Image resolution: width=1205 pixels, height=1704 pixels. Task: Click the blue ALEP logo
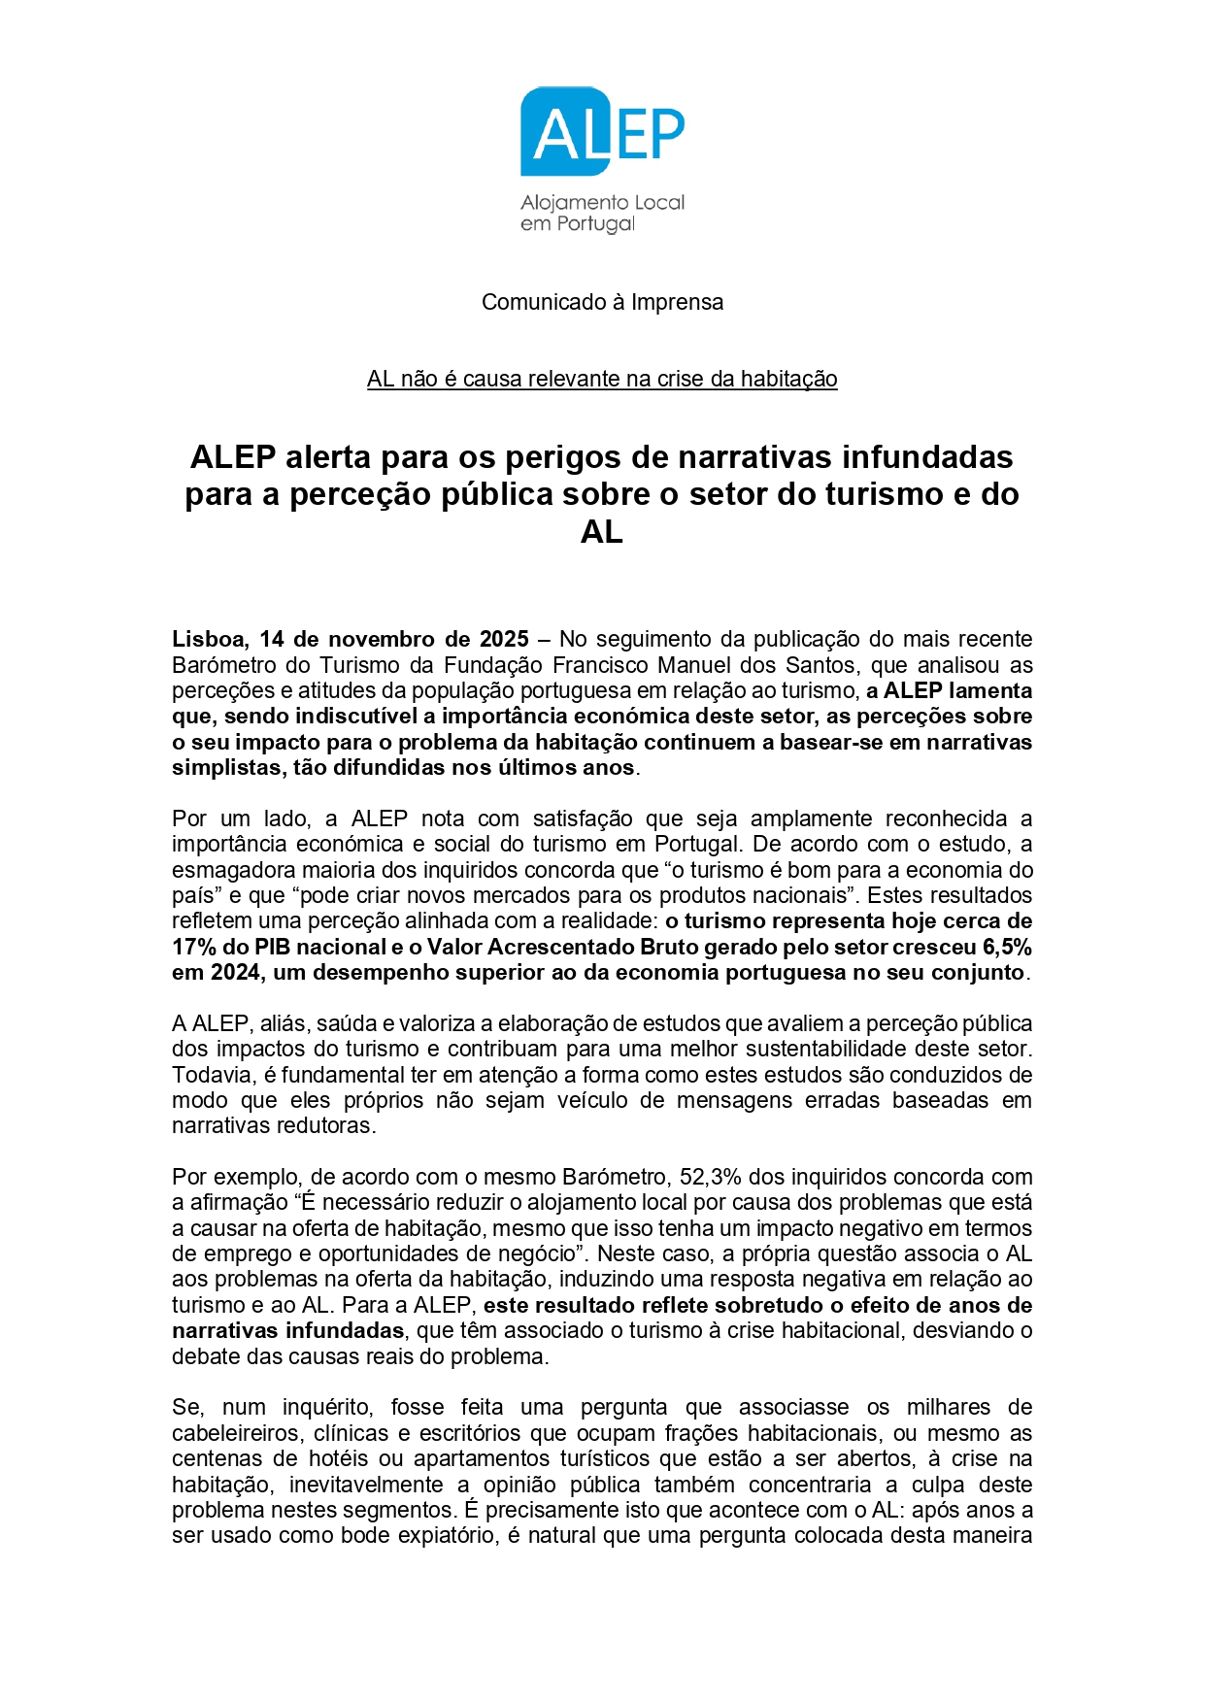pos(602,132)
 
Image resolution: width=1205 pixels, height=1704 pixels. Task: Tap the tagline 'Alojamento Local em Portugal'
pos(602,214)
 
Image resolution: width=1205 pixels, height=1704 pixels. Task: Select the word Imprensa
pos(677,302)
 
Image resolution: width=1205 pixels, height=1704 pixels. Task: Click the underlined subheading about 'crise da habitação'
pos(602,379)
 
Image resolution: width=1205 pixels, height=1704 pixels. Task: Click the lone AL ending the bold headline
pos(601,532)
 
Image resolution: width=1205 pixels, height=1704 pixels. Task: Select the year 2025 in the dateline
pos(504,639)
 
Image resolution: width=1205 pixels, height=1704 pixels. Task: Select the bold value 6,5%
pos(1007,947)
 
